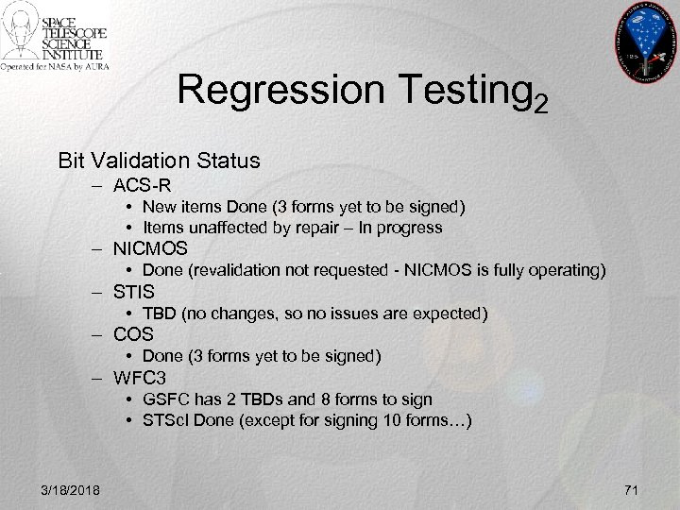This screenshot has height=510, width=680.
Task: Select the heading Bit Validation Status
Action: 159,160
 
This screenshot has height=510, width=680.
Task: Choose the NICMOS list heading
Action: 150,249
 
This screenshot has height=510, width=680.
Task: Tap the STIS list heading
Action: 134,292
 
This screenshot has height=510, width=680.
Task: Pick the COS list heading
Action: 133,334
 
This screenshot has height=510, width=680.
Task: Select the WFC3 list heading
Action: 140,378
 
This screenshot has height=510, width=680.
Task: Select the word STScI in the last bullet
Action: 165,420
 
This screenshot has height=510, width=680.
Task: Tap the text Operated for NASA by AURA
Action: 54,67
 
